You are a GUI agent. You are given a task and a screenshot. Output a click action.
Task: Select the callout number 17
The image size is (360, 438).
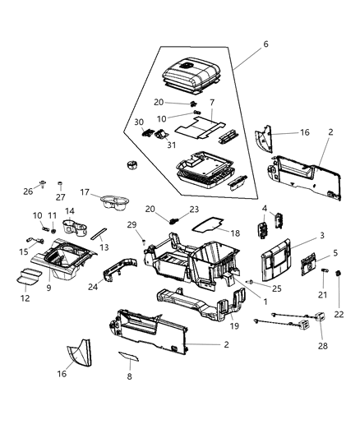(85, 193)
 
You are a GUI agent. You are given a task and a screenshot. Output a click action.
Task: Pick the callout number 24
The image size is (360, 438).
(93, 288)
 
